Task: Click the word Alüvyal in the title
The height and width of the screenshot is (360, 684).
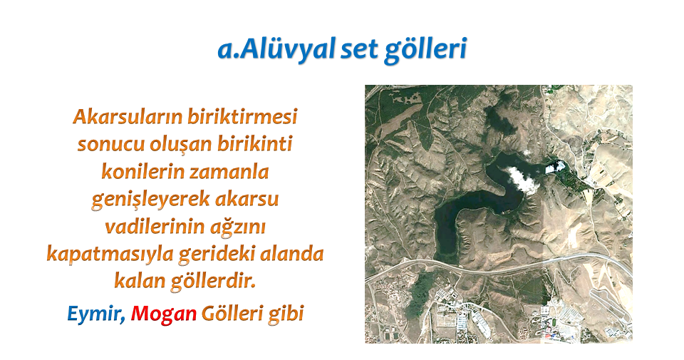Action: click(287, 48)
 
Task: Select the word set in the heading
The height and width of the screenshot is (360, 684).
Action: click(359, 49)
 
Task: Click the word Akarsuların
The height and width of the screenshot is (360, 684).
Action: click(128, 117)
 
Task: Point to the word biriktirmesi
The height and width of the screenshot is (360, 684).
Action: click(242, 117)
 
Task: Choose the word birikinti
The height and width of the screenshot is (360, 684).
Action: click(255, 144)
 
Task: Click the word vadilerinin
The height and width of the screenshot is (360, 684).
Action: click(155, 227)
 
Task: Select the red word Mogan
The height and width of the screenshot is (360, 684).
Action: click(164, 314)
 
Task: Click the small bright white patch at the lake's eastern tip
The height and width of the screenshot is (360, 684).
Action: click(554, 167)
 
